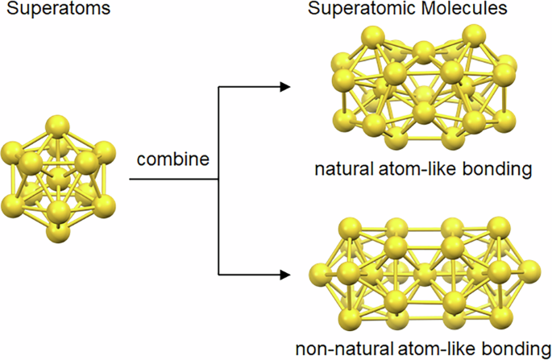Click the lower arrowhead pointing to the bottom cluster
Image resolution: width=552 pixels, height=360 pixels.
[284, 275]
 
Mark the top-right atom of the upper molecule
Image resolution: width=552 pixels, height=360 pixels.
[475, 38]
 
